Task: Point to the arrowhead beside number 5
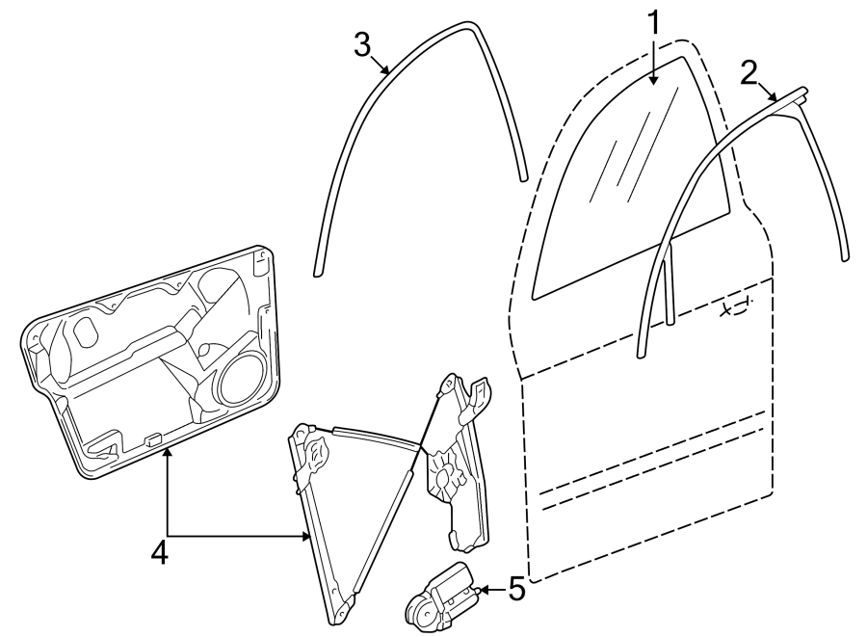click(481, 589)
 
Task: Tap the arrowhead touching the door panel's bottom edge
click(168, 453)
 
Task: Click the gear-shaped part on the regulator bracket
click(443, 474)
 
